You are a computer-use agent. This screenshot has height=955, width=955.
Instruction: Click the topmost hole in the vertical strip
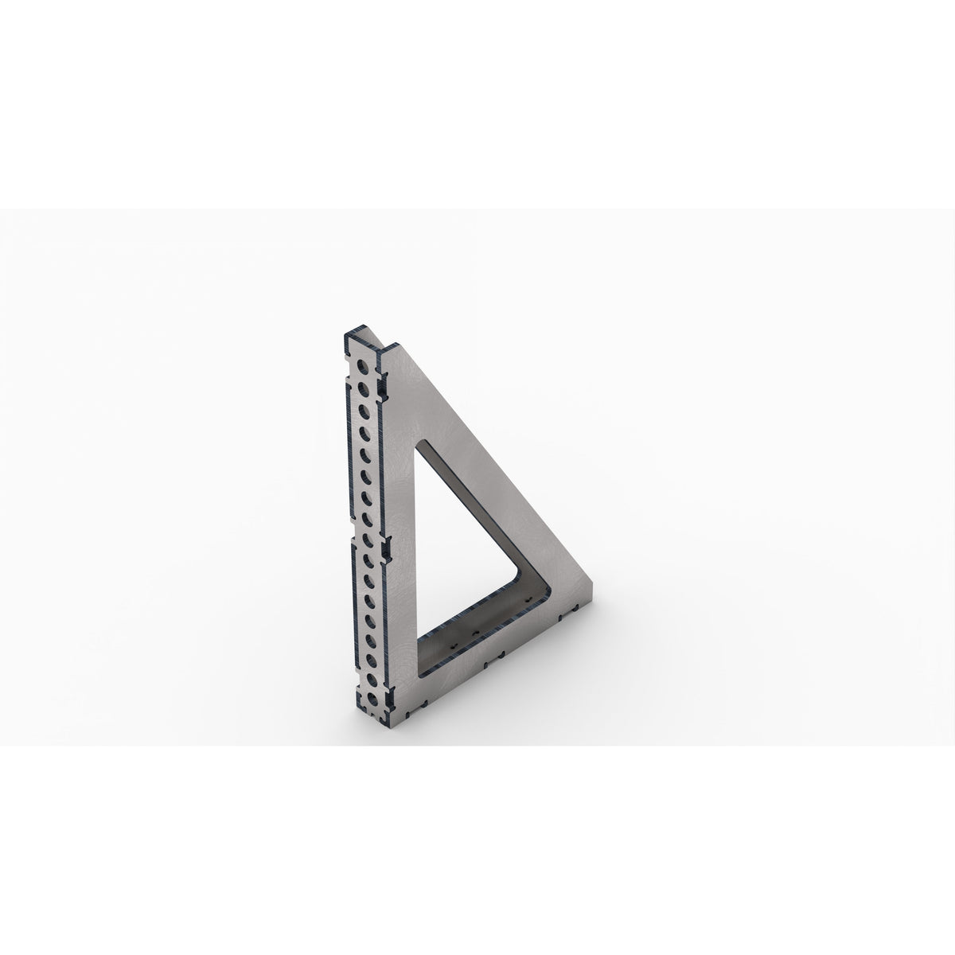tap(364, 367)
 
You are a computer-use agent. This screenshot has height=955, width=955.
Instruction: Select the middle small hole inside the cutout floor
tap(475, 611)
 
